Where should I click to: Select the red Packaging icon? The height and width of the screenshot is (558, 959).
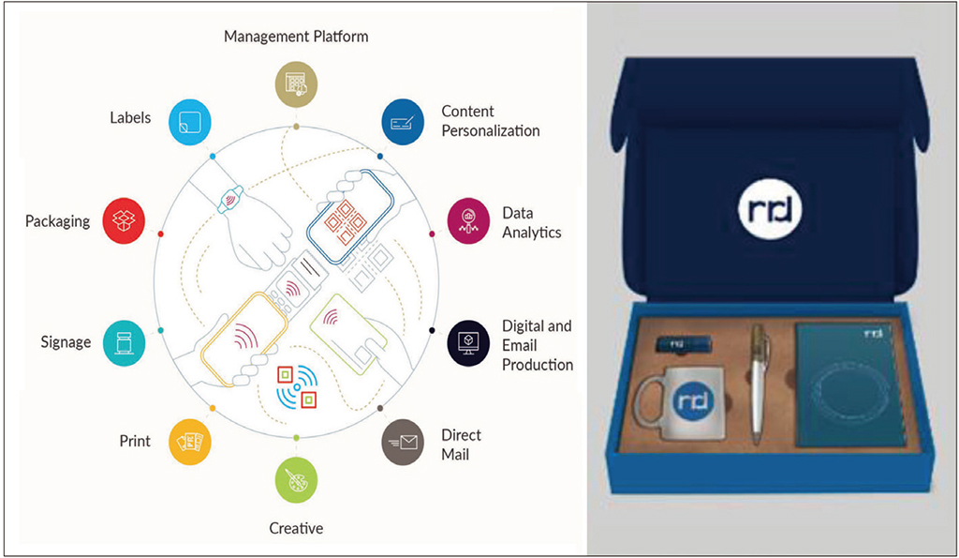125,220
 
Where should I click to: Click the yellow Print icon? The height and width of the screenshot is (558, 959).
190,441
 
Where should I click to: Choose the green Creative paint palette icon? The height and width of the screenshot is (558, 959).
296,480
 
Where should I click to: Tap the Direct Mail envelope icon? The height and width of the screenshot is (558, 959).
403,445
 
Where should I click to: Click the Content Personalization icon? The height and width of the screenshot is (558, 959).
403,120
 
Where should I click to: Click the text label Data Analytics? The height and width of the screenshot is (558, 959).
531,222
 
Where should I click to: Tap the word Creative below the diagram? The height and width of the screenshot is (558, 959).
296,528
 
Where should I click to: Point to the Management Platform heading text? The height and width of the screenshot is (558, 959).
296,37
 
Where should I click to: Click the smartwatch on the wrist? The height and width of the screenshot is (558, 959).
230,198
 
